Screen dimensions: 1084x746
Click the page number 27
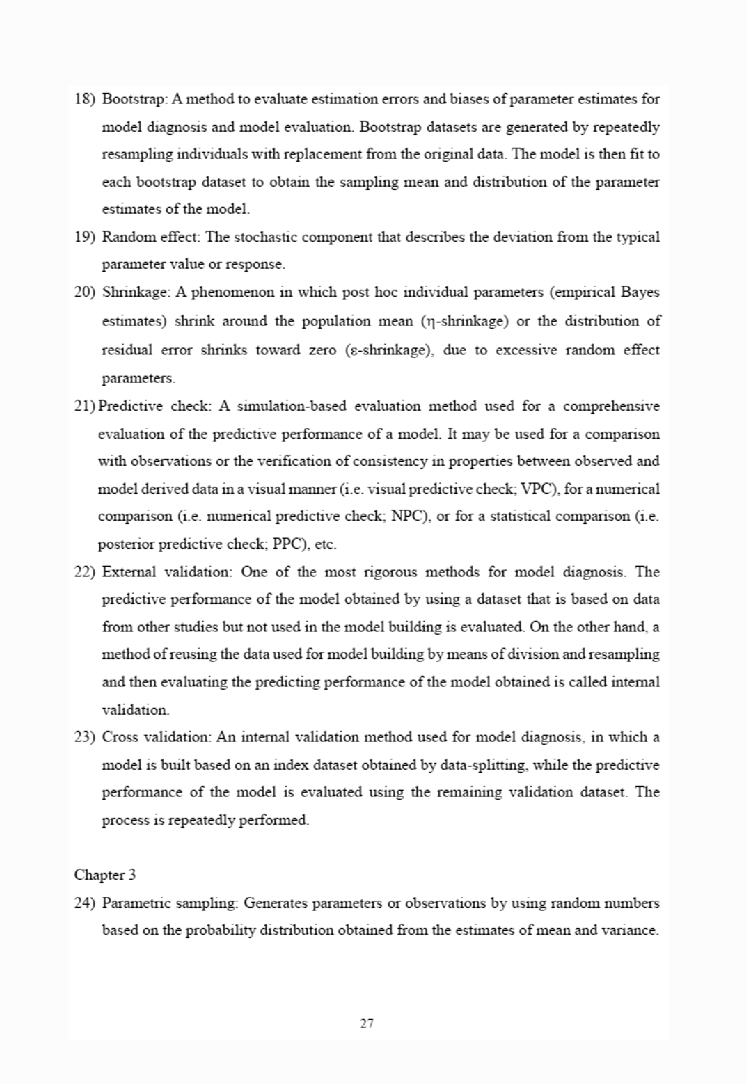[367, 1023]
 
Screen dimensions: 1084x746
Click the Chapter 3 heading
[105, 874]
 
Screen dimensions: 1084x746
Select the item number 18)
[85, 99]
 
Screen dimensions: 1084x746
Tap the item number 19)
[85, 237]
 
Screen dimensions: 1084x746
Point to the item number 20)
[85, 292]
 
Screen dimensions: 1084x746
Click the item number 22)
[85, 571]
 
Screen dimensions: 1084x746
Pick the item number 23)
[85, 737]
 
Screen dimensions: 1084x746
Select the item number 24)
[85, 903]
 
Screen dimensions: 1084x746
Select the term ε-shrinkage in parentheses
[386, 350]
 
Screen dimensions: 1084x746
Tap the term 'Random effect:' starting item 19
[152, 237]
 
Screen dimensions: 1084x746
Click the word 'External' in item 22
[128, 571]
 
